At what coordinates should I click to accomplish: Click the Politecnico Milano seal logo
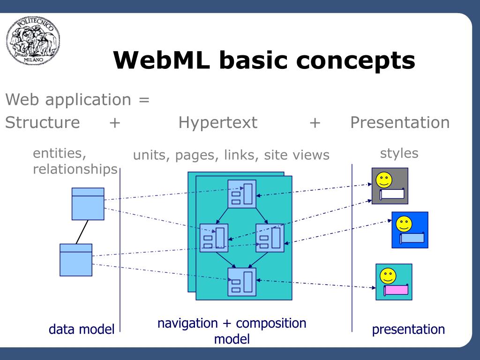point(33,40)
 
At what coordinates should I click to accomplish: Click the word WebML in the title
point(161,60)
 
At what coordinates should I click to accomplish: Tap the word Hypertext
point(217,123)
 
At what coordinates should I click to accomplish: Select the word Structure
point(43,122)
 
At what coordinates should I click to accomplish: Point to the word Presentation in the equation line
point(400,122)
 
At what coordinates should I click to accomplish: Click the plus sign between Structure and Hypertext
point(115,123)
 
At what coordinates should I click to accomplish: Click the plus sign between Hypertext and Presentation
point(315,123)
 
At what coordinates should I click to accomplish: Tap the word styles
point(399,153)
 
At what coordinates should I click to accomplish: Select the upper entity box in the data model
point(88,204)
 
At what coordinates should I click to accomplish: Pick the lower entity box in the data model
point(76,260)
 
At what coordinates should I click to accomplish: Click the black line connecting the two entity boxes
point(82,232)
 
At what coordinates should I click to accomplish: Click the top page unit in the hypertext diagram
point(242,194)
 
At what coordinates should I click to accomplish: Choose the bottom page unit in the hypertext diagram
point(242,282)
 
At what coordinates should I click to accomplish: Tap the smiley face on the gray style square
point(384,180)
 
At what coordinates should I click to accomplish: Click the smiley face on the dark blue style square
point(404,224)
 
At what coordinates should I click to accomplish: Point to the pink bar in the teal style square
point(396,290)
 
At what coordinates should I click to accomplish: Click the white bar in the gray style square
point(392,194)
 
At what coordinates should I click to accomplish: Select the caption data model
point(82,330)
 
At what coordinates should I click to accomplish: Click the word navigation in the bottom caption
point(187,324)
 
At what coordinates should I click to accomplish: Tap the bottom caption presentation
point(408,330)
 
